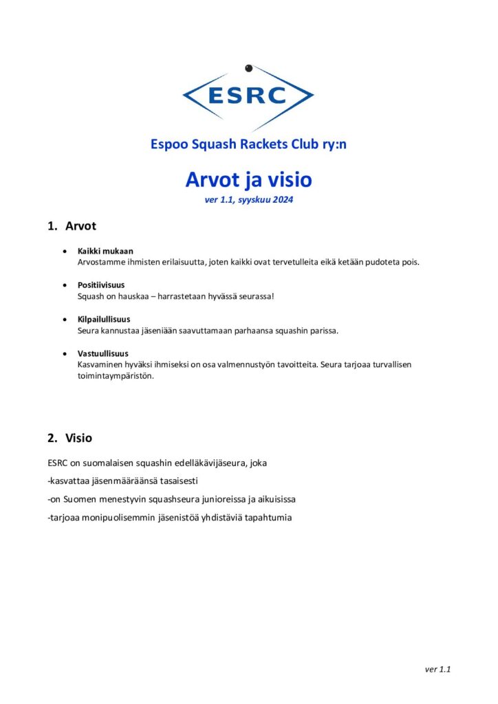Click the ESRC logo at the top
[248, 96]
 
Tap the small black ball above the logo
[249, 68]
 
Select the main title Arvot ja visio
[248, 179]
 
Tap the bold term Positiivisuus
[101, 285]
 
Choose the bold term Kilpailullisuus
[104, 319]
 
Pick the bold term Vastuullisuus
[102, 353]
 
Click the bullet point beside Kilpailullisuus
[64, 319]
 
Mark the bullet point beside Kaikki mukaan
[64, 252]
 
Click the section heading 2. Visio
[69, 437]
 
